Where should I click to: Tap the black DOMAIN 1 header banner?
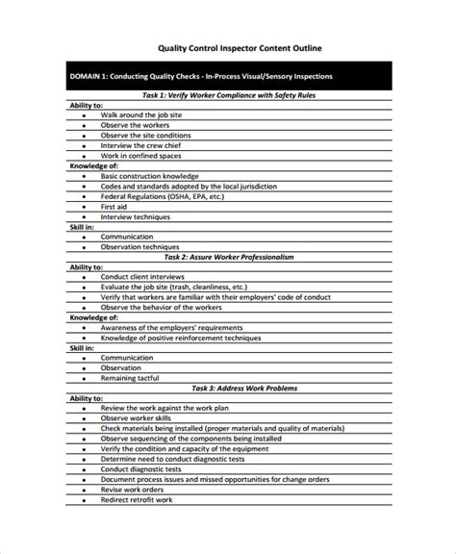point(228,76)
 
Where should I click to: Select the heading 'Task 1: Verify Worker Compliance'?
point(228,96)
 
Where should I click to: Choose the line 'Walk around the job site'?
point(143,114)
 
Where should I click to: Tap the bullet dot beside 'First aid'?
point(84,206)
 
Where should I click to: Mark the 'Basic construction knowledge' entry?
point(150,176)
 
